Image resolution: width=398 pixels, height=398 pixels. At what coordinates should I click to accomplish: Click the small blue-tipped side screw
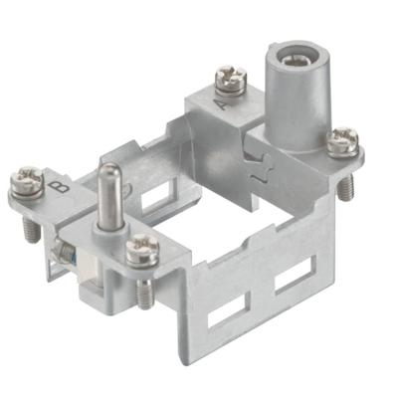pos(65,255)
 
